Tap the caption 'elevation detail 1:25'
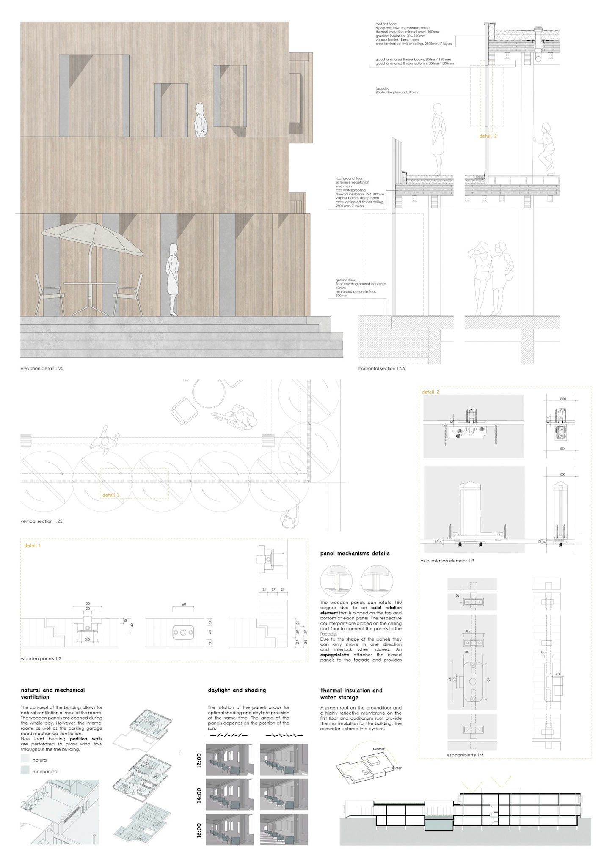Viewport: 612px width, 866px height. point(42,369)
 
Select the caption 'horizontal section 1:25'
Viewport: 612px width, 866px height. point(381,369)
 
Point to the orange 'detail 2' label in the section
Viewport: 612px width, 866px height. point(488,136)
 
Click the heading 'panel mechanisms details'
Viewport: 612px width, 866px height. point(355,553)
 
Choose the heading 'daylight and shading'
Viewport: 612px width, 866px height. point(237,690)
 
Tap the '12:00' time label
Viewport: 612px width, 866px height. point(199,759)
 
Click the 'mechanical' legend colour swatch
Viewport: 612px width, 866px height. point(25,770)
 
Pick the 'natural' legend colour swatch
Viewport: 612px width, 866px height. point(25,759)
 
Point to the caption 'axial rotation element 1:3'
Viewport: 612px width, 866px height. point(447,561)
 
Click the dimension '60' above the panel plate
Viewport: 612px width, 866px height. point(184,604)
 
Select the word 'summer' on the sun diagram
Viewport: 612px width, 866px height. point(379,748)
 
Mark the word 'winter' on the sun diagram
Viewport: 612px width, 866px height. point(397,768)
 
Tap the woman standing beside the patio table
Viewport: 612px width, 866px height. point(173,279)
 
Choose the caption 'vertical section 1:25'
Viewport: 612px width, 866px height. point(41,521)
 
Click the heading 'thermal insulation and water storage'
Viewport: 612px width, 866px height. point(351,694)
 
